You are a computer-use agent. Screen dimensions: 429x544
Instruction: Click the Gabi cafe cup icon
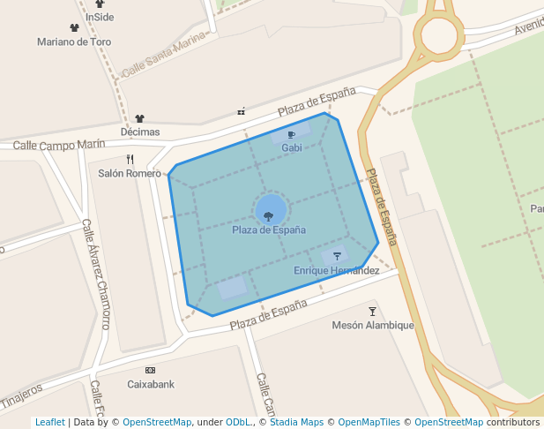[x=291, y=135]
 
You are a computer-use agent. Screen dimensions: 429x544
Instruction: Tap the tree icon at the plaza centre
[x=269, y=215]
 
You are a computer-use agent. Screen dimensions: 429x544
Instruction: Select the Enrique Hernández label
[x=336, y=270]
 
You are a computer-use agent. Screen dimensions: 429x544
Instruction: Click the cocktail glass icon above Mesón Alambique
[x=372, y=311]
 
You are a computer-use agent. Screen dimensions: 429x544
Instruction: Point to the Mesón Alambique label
[x=372, y=325]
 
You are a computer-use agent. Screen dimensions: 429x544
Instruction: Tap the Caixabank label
[x=151, y=384]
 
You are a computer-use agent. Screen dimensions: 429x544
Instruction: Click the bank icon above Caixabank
[x=150, y=370]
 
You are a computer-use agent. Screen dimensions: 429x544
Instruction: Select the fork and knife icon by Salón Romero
[x=130, y=159]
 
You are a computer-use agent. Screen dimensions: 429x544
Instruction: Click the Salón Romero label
[x=130, y=173]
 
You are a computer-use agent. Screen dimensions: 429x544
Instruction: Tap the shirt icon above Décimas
[x=139, y=118]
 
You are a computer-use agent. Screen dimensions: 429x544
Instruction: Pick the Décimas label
[x=140, y=132]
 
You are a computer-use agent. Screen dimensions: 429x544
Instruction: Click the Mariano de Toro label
[x=74, y=41]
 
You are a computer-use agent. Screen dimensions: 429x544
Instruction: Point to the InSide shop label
[x=100, y=17]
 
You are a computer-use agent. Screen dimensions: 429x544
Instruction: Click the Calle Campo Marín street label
[x=59, y=144]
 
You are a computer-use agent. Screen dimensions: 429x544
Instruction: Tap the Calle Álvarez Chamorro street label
[x=96, y=274]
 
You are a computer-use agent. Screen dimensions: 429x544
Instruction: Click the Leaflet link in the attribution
[x=49, y=422]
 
